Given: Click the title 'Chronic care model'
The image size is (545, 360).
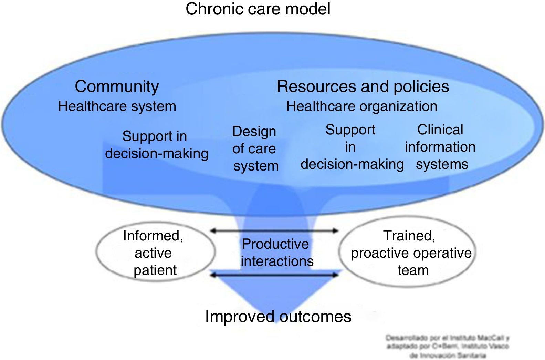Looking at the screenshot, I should tap(258, 9).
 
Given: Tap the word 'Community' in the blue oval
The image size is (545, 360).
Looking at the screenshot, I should tap(117, 86).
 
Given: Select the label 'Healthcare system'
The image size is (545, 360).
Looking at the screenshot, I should tap(117, 106).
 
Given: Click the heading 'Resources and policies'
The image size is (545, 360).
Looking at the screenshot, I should tap(363, 86).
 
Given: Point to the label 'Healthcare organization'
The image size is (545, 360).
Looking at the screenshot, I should tap(361, 106).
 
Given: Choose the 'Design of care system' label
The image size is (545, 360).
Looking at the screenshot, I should tap(255, 148).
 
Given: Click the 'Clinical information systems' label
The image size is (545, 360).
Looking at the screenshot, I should tap(440, 147).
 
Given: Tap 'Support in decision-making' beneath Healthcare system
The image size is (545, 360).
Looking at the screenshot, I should tap(156, 145).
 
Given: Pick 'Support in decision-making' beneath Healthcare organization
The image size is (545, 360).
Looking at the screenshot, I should tap(352, 147).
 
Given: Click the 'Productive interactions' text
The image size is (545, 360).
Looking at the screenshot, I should tap(277, 253).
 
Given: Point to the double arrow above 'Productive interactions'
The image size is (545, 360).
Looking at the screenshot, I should tap(274, 231).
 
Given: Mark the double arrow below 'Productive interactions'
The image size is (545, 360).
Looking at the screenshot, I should tap(274, 275).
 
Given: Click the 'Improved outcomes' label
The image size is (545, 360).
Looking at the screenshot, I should tap(278, 316).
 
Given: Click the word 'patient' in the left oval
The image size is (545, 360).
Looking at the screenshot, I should tap(155, 270).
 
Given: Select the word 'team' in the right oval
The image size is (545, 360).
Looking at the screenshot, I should tap(413, 270).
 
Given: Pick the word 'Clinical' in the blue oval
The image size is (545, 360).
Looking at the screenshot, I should tap(440, 130).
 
